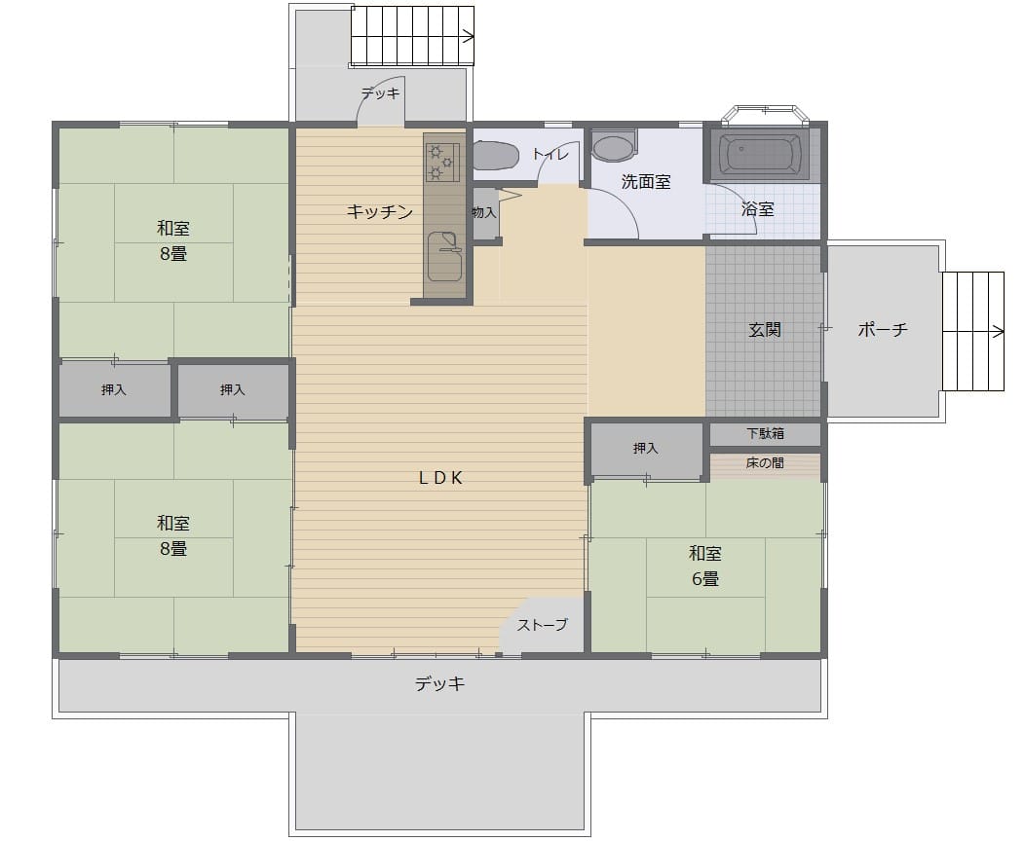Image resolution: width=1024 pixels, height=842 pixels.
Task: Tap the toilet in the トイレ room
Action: click(496, 155)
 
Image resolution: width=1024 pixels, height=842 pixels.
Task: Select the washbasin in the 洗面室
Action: click(614, 147)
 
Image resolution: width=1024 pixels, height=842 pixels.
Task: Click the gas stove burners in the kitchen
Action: click(442, 162)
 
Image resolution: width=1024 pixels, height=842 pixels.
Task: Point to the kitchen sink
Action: click(444, 256)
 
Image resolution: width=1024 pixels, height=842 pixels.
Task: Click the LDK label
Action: click(440, 478)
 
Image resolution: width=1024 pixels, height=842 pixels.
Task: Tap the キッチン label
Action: click(379, 211)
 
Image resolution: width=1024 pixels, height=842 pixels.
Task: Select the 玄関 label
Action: click(765, 329)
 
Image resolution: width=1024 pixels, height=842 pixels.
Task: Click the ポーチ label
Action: click(883, 329)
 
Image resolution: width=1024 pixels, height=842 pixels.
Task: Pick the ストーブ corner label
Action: click(542, 625)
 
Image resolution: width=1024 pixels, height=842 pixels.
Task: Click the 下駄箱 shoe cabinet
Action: click(765, 434)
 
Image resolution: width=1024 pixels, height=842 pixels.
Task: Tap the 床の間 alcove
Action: click(765, 464)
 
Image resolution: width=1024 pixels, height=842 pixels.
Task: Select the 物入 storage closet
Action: click(485, 213)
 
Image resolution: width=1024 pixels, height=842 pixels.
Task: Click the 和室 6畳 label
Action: click(705, 566)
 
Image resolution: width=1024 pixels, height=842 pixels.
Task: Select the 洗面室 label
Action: click(646, 182)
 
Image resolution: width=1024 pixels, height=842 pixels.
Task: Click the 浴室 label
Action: click(758, 208)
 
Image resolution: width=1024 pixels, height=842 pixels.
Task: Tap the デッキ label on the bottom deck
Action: click(440, 683)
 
